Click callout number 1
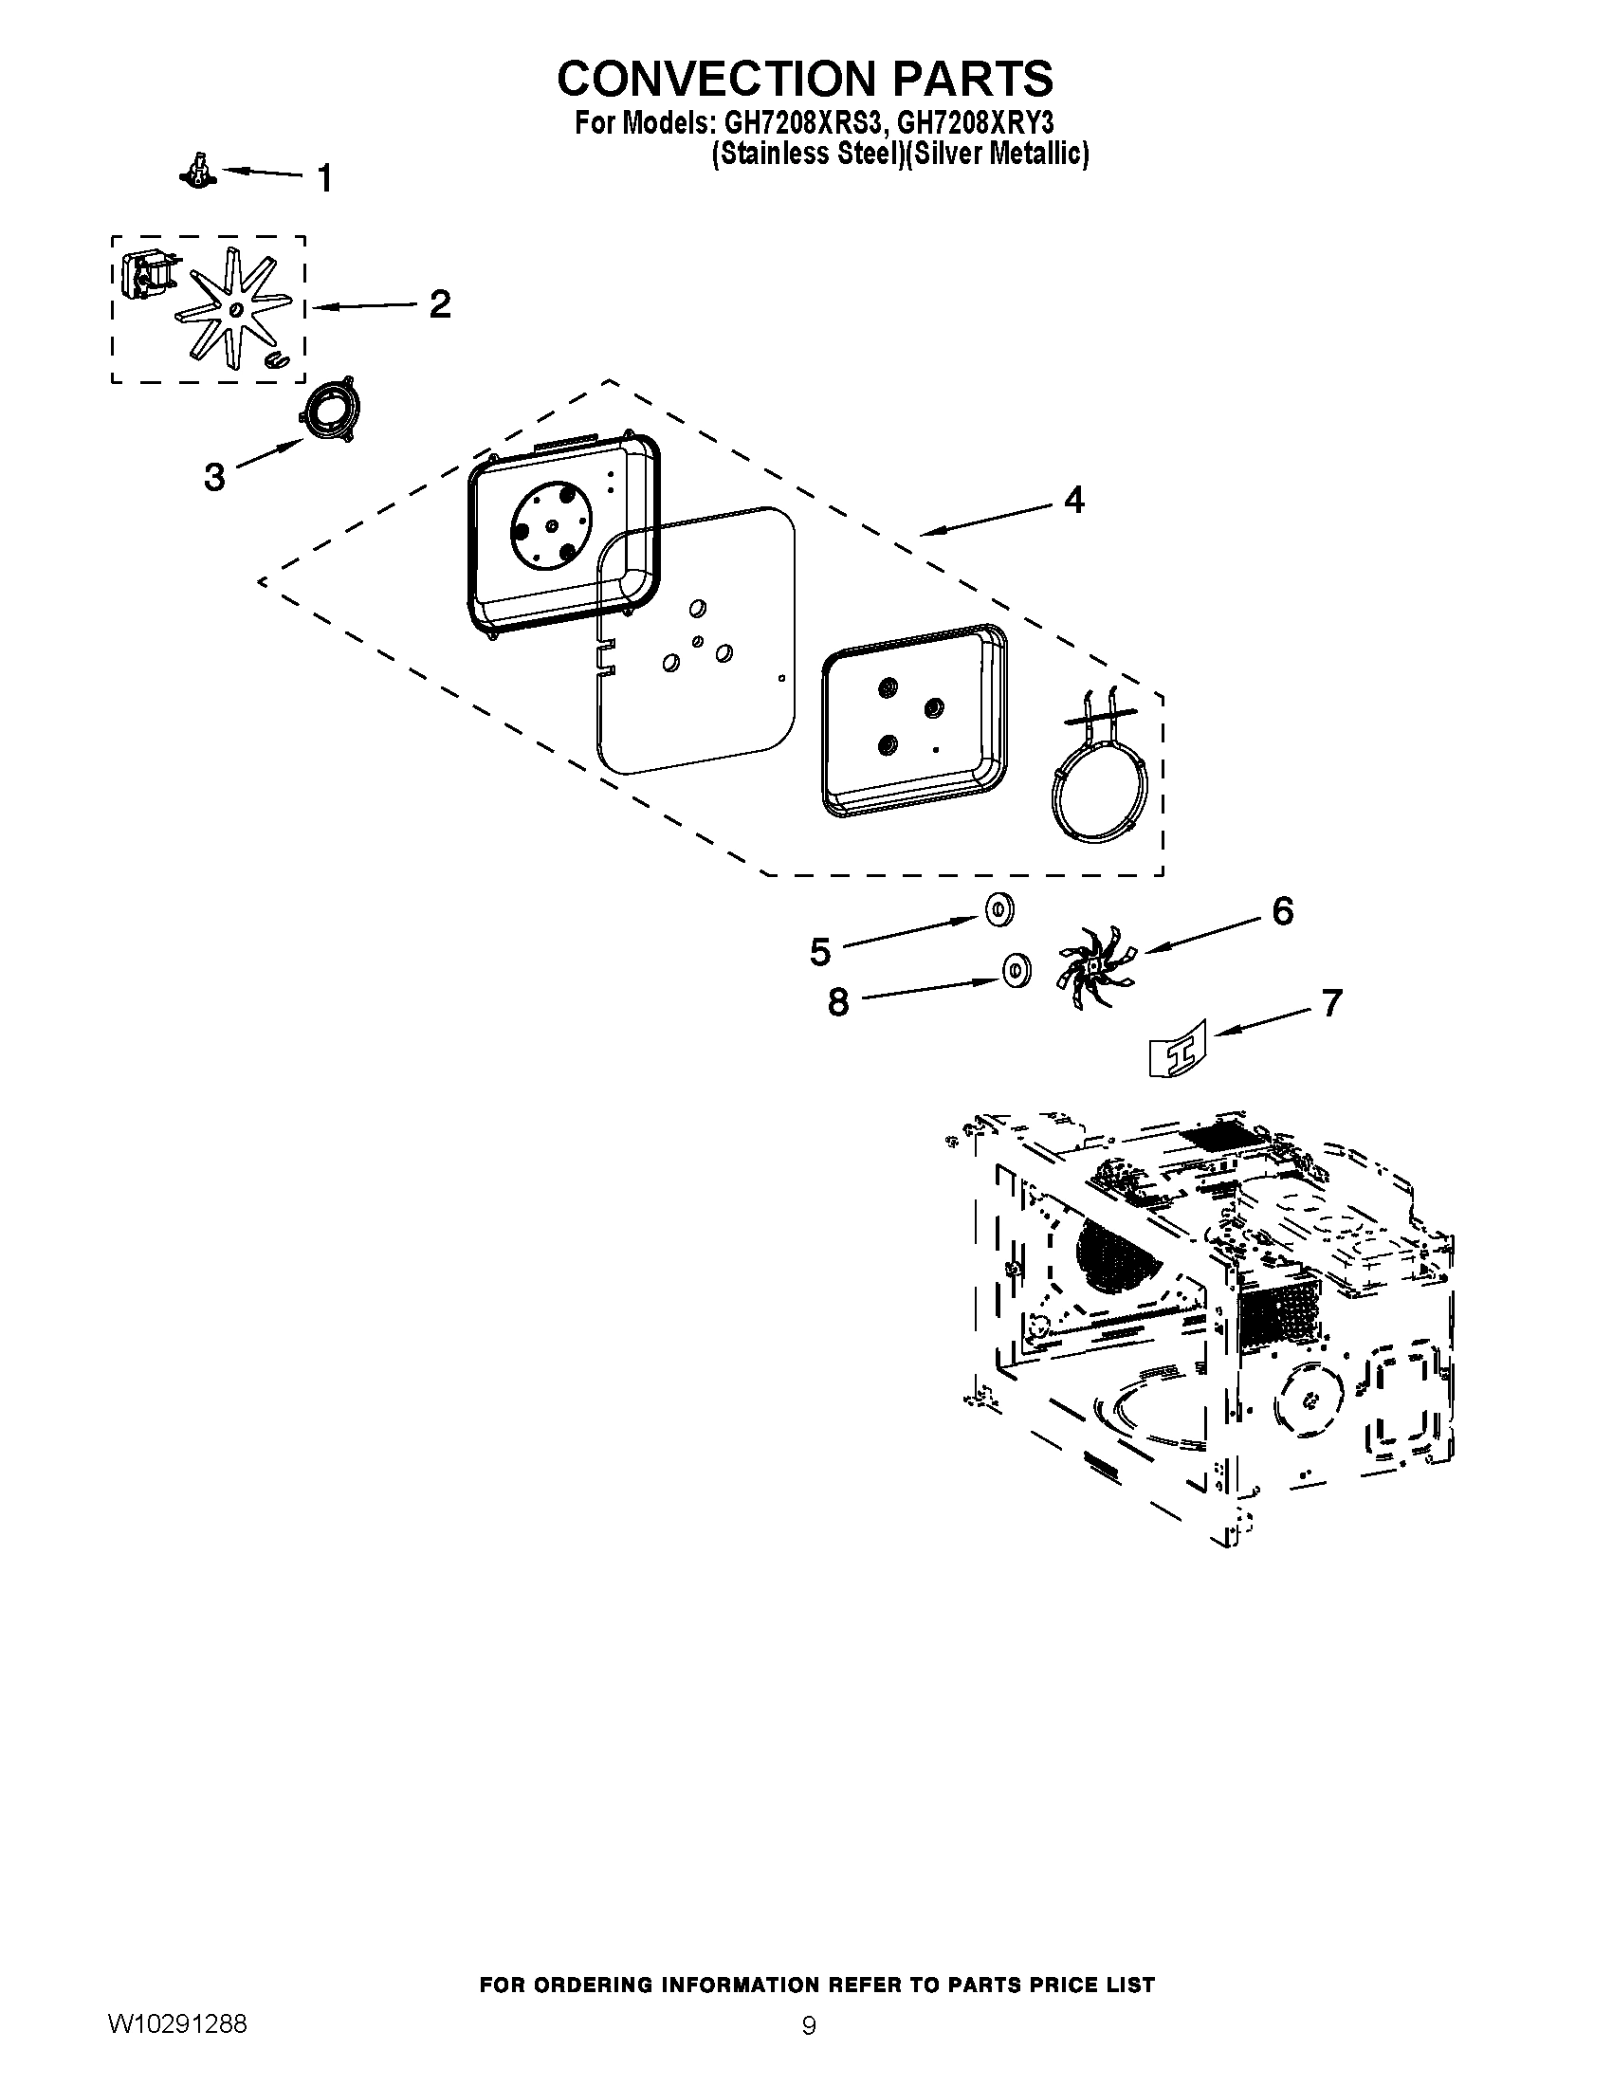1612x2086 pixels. (324, 177)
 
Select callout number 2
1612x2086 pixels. (439, 304)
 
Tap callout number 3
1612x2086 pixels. (215, 476)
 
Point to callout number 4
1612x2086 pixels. (1074, 500)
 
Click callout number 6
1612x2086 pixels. (1283, 911)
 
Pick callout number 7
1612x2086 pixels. (1331, 1003)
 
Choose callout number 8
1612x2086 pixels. (837, 1003)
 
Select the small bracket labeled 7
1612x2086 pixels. (1179, 1049)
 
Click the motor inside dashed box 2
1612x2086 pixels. (148, 271)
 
